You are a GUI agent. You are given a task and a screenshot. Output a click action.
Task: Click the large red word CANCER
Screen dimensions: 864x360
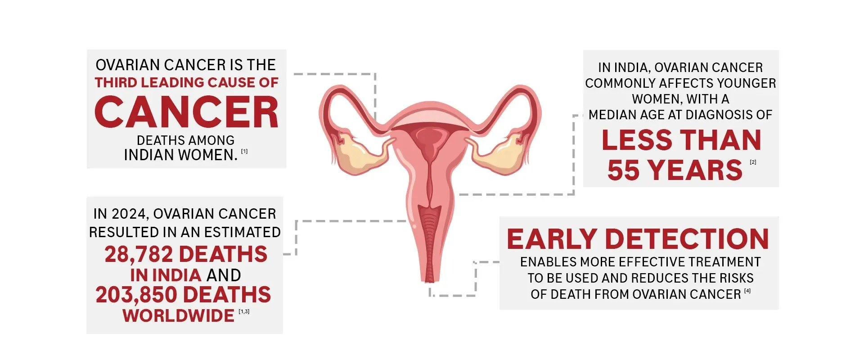pos(186,112)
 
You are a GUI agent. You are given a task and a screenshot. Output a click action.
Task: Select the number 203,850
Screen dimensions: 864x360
pos(136,295)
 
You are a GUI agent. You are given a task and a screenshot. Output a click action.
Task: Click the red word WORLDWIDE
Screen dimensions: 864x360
pos(178,315)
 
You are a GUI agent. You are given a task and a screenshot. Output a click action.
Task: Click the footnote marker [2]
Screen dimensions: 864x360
pos(753,162)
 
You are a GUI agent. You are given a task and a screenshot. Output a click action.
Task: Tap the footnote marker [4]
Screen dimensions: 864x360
pos(747,291)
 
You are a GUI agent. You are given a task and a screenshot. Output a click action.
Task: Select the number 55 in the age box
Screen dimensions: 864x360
pos(623,170)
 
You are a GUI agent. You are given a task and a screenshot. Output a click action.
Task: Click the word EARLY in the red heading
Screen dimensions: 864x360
pos(552,239)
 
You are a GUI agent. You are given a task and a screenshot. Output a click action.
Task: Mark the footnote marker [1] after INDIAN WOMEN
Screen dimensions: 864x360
pos(244,152)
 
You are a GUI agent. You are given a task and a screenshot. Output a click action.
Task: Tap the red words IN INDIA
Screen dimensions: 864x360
pos(166,275)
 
